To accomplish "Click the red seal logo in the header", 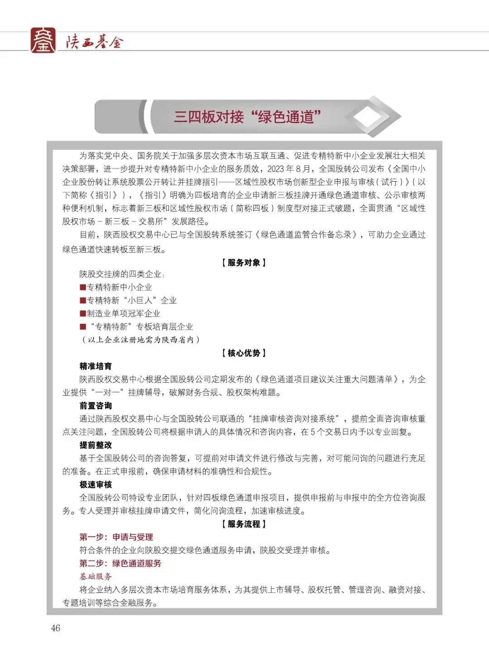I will [43, 40].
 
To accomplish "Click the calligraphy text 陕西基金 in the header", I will [94, 42].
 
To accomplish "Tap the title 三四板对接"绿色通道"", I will [247, 117].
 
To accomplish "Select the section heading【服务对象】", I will [244, 263].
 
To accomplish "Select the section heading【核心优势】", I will [244, 353].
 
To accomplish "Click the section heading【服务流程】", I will [244, 524].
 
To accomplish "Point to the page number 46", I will [56, 628].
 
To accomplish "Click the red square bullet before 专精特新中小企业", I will [83, 287].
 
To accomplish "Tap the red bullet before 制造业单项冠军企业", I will [83, 313].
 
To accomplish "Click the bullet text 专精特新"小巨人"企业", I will [132, 300].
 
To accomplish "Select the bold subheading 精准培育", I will [96, 366].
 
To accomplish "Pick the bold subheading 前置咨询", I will [96, 405].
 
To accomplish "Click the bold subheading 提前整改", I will [96, 445].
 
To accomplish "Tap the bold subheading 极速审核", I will [96, 484].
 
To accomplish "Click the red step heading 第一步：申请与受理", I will [116, 537].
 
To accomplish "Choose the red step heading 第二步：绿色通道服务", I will [120, 563].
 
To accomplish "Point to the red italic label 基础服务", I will [96, 577].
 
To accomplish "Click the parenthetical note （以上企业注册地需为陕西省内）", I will [140, 340].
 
